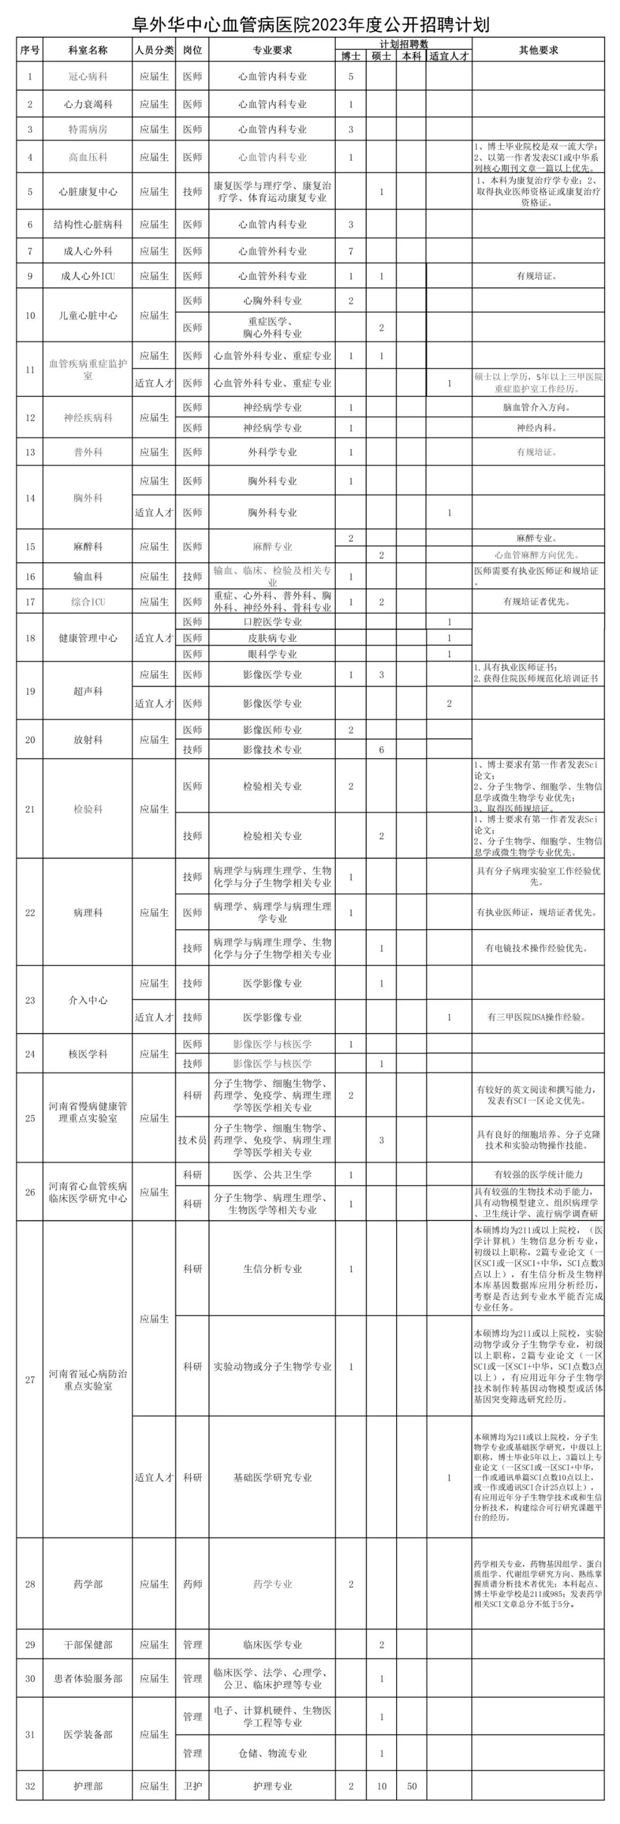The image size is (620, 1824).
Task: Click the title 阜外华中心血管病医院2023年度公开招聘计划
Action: pos(311,25)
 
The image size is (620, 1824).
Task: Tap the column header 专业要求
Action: pos(272,50)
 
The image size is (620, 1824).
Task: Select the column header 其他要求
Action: pos(538,50)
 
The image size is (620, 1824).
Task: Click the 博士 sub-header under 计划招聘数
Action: pos(351,57)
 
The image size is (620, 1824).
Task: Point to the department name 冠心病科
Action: pos(88,76)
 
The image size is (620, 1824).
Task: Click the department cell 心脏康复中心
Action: pos(88,192)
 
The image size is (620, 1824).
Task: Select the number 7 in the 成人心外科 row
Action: pos(351,251)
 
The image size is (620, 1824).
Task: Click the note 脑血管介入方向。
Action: pos(538,408)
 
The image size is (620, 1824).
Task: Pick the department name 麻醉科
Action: pos(88,547)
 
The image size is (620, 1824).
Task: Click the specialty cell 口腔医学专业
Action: pos(272,622)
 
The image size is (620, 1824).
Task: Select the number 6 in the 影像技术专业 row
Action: pos(381,750)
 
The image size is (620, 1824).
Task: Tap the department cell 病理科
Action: pos(88,913)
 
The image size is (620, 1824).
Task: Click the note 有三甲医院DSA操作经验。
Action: pos(538,1018)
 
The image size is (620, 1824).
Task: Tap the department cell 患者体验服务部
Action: pos(88,1679)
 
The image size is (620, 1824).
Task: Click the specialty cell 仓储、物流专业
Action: pos(272,1754)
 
